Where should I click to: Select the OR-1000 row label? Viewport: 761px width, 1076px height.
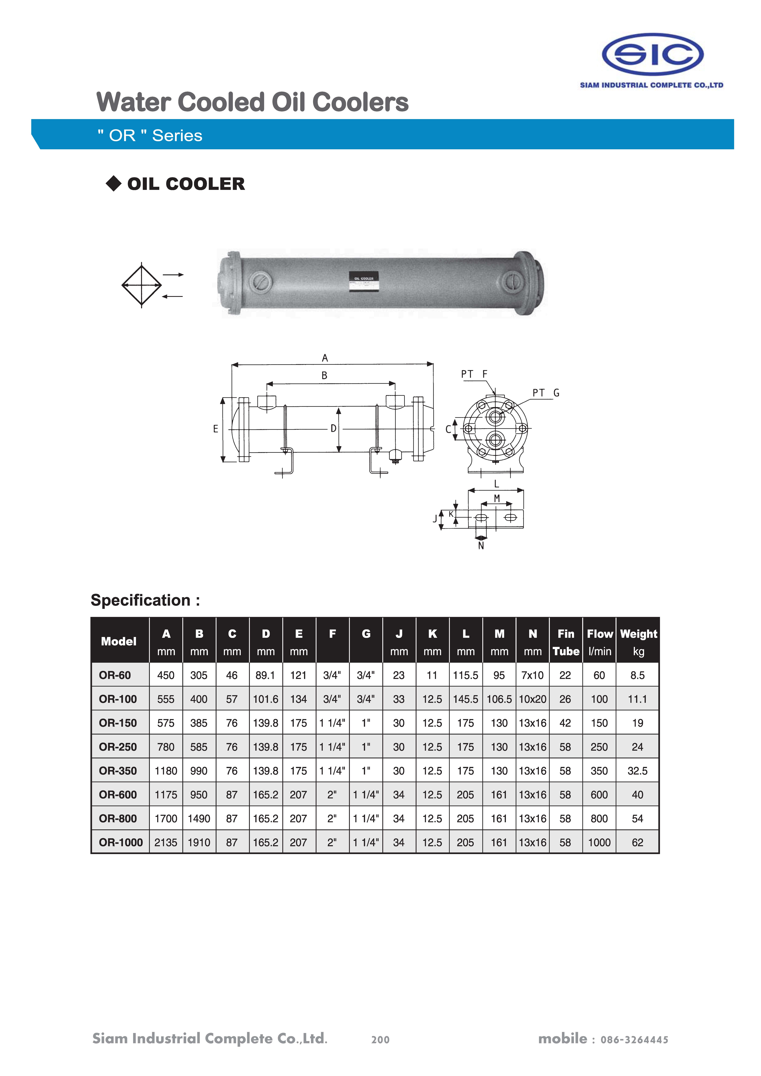point(121,843)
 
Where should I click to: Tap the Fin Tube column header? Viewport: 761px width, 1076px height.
point(566,642)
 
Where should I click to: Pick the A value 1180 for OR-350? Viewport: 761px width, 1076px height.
point(166,771)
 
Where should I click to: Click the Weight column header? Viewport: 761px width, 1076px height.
point(638,642)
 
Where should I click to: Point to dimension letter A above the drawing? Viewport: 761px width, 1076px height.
point(325,358)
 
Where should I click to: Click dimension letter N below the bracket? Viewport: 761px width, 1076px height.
point(481,546)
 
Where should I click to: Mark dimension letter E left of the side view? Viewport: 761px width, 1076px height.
point(216,429)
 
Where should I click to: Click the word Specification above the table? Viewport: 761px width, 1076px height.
point(141,600)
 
